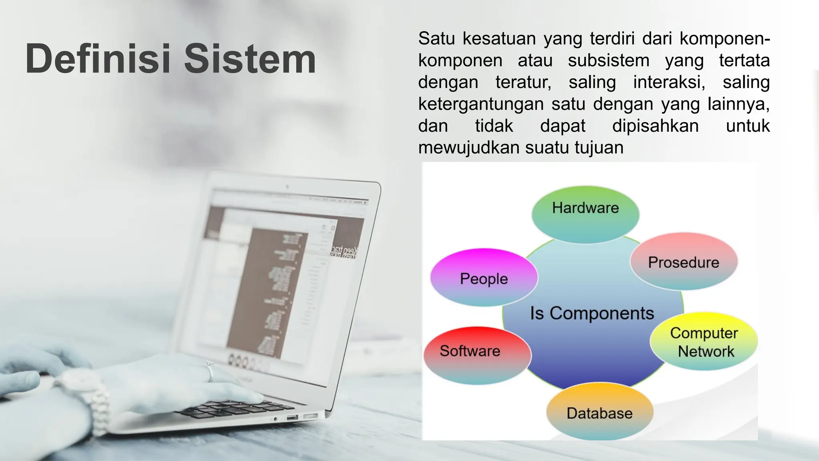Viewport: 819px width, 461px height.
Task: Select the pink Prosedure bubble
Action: pos(683,261)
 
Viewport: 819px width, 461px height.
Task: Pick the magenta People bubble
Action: pos(484,278)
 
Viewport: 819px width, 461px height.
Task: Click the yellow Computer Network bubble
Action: pos(704,342)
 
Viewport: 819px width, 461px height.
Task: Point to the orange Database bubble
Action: pos(599,412)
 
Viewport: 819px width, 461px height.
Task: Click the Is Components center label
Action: pos(592,313)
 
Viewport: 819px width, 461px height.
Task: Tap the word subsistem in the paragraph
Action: pos(609,61)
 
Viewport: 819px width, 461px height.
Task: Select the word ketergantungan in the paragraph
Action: pos(481,104)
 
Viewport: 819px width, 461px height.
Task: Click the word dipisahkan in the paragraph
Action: pos(655,126)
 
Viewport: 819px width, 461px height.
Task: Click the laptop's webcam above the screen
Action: pos(287,186)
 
